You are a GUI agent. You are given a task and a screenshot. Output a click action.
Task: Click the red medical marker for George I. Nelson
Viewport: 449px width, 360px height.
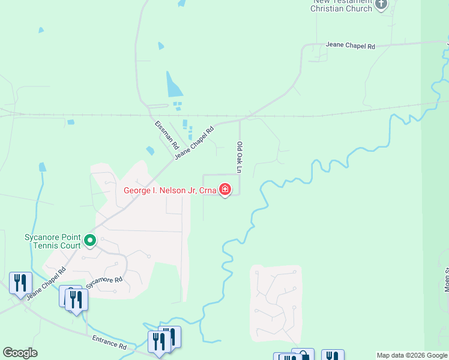click(x=225, y=190)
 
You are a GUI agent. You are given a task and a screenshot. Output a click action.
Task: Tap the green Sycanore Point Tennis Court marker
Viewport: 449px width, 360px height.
click(x=90, y=241)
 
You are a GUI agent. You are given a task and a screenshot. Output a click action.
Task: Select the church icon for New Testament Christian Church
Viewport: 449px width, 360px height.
click(x=381, y=5)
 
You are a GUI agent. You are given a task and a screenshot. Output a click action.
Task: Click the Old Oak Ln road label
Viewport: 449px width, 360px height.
click(x=239, y=157)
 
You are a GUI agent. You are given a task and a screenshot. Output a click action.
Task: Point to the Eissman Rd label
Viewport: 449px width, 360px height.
click(x=167, y=135)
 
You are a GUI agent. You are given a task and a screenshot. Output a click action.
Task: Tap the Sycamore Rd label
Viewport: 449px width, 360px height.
click(x=104, y=284)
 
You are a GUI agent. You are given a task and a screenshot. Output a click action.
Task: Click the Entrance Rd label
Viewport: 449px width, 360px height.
click(x=110, y=343)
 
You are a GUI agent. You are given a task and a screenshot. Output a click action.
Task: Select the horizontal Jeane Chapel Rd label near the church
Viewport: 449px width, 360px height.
click(x=350, y=46)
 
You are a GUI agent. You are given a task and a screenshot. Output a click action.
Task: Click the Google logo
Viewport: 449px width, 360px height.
click(x=20, y=353)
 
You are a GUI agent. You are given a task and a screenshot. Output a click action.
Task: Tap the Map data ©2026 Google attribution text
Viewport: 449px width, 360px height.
click(x=412, y=355)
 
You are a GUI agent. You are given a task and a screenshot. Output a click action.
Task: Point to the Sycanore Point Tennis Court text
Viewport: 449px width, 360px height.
click(x=52, y=241)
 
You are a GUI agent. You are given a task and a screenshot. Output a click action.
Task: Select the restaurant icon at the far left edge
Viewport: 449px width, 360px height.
click(x=20, y=283)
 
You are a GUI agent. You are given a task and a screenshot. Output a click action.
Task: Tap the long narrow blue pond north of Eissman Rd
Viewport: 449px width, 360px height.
click(x=173, y=85)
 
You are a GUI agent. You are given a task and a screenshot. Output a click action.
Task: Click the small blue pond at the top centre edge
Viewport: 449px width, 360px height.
click(x=181, y=3)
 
